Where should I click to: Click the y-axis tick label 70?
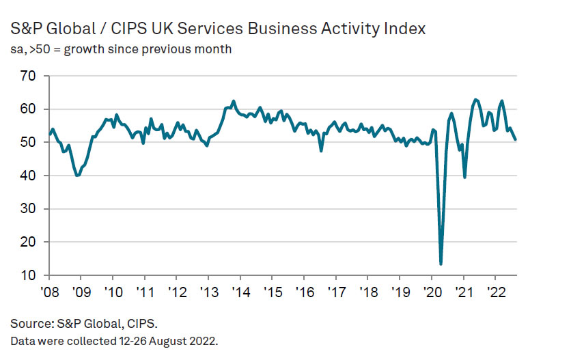pyautogui.click(x=27, y=76)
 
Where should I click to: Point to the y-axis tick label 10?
pyautogui.click(x=27, y=275)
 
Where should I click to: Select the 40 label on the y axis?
pyautogui.click(x=27, y=176)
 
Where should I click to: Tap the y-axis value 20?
pyautogui.click(x=27, y=242)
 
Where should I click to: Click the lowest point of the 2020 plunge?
pyautogui.click(x=441, y=264)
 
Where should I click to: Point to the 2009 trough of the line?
pyautogui.click(x=77, y=176)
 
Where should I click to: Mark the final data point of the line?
pyautogui.click(x=515, y=139)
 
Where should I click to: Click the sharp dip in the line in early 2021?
pyautogui.click(x=465, y=177)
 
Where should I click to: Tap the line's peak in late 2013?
pyautogui.click(x=234, y=101)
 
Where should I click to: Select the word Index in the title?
pyautogui.click(x=406, y=29)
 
